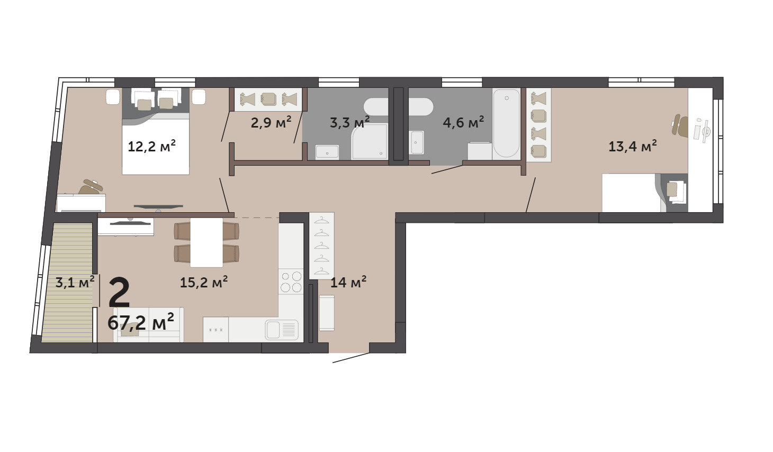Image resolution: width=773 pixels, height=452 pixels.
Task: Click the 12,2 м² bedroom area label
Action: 152,146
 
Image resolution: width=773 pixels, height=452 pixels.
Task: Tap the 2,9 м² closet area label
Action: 271,122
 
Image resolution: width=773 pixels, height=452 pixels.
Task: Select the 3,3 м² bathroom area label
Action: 349,122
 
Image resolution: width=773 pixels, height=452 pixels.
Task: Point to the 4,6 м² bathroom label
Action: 463,122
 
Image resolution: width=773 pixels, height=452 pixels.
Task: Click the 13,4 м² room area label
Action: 632,146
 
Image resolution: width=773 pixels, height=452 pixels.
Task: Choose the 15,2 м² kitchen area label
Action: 204,282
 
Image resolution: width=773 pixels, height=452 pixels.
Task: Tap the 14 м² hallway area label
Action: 348,282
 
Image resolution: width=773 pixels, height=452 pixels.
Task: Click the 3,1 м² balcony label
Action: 75,282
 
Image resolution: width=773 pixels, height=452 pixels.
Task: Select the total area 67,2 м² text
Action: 140,322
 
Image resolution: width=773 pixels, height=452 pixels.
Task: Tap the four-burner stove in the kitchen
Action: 291,282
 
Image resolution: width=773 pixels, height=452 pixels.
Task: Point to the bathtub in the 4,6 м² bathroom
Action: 506,123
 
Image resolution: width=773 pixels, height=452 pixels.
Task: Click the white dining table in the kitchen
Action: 206,242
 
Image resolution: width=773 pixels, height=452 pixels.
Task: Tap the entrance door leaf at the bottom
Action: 351,358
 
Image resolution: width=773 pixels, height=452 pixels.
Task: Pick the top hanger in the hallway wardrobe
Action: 321,220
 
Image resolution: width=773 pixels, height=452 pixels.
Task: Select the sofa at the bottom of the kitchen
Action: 148,325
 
